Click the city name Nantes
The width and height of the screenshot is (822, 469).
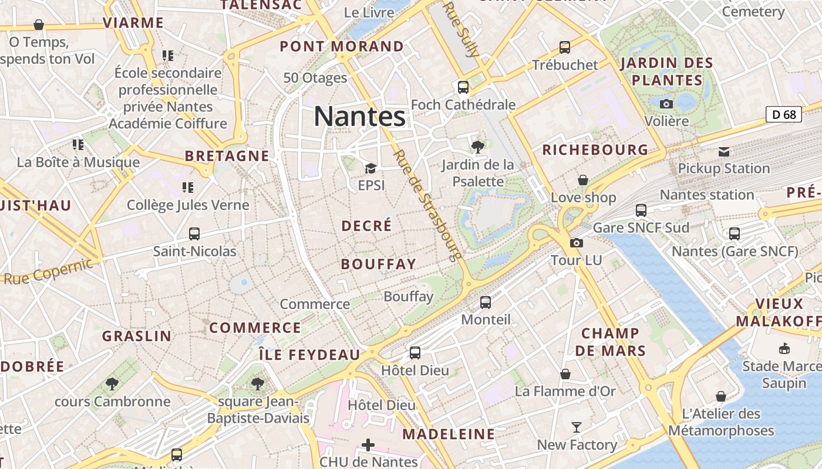point(359,116)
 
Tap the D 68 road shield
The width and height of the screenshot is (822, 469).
point(784,114)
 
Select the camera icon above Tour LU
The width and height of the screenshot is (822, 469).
point(577,243)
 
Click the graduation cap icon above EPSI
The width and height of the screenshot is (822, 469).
point(370,169)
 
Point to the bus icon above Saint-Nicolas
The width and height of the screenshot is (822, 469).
point(194,234)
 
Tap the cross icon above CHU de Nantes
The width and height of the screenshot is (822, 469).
point(368,445)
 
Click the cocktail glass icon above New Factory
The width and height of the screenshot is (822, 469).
point(577,427)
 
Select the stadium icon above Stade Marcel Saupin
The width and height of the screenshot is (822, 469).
point(783,349)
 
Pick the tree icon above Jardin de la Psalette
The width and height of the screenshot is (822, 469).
point(478,147)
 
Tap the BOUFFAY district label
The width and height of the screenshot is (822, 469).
point(378,264)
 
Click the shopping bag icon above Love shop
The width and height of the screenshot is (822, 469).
point(583,180)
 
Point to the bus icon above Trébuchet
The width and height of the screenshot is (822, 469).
point(565,47)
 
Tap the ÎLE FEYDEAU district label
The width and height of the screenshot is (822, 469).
point(309,355)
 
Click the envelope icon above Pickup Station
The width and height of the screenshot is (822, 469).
point(723,152)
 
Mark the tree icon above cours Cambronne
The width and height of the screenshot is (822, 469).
point(112,384)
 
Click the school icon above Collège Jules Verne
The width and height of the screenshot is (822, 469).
point(188,188)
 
